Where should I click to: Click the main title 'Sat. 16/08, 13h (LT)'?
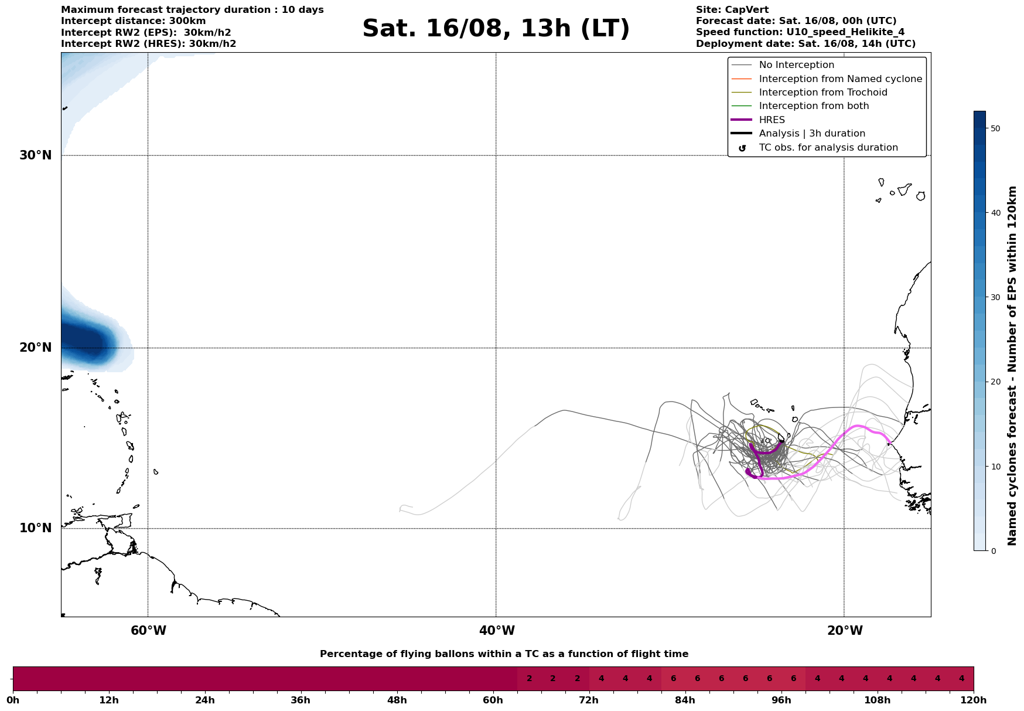coord(496,29)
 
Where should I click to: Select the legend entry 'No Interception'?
coord(796,65)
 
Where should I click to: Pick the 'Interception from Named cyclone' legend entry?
coord(840,79)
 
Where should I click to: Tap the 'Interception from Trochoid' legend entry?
coord(822,93)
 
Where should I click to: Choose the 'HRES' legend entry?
coord(772,120)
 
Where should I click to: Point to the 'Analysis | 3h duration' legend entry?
coord(811,134)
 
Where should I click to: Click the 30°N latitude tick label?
coord(36,155)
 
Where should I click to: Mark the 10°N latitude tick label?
coord(36,528)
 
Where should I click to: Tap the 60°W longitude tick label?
coord(148,631)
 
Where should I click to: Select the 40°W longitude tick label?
coord(497,631)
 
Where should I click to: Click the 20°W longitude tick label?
coord(845,631)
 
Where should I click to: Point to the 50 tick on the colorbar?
coord(995,128)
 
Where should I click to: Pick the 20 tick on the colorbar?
coord(995,382)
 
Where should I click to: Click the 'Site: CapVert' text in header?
coord(732,10)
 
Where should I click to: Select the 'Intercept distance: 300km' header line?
coord(133,21)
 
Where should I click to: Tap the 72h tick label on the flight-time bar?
coord(589,700)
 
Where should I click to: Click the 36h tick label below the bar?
coord(301,700)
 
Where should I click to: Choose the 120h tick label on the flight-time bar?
coord(974,700)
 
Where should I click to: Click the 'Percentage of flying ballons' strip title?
coord(504,654)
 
